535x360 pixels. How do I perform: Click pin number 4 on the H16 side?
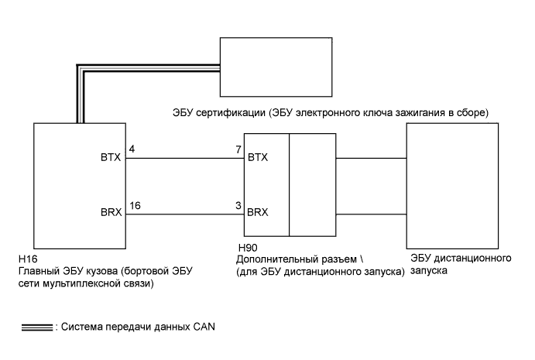[x=132, y=148]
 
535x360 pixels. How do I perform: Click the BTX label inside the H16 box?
[x=111, y=158]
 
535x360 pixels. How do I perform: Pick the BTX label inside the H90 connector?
[x=258, y=158]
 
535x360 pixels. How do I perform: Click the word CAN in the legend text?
[x=203, y=326]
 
